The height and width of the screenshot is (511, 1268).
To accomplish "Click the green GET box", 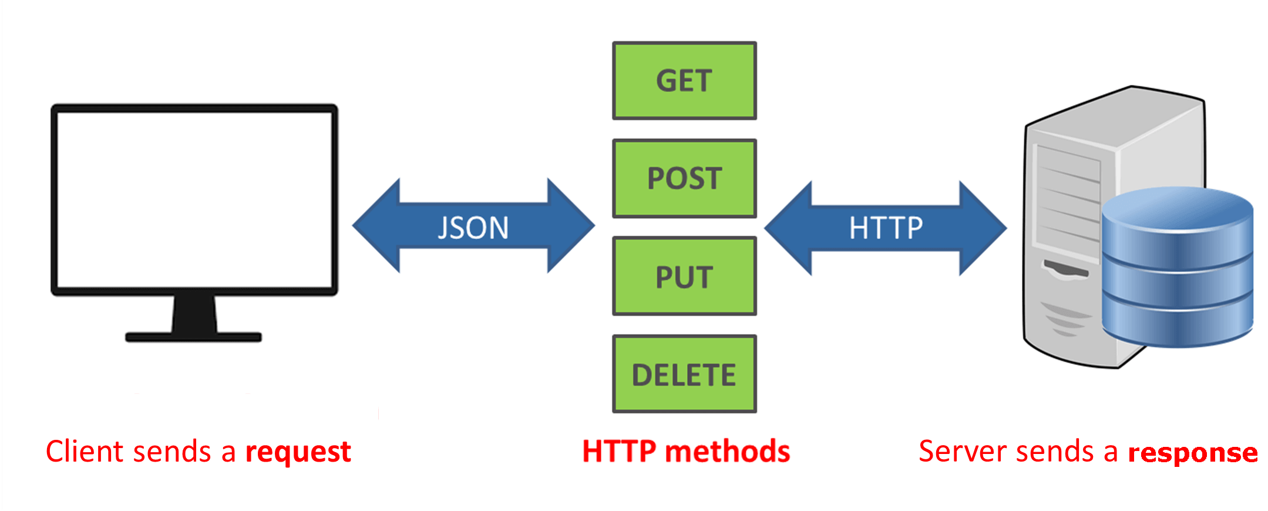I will tap(684, 81).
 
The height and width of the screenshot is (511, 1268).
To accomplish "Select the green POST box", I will tap(684, 178).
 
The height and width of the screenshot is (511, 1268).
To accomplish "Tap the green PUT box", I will tap(684, 276).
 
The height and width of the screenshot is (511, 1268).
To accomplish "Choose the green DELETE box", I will tap(684, 375).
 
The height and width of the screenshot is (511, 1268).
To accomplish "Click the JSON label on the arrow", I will tap(473, 228).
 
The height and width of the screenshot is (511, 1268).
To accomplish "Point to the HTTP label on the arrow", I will tap(886, 228).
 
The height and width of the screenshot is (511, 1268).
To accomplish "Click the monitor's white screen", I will tap(194, 200).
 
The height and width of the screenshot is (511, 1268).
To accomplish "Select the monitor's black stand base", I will tap(193, 337).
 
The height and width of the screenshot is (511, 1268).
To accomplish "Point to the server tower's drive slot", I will tap(1065, 270).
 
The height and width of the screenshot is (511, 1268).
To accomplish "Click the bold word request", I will tap(298, 452).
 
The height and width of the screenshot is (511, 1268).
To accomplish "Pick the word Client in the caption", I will tap(85, 452).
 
